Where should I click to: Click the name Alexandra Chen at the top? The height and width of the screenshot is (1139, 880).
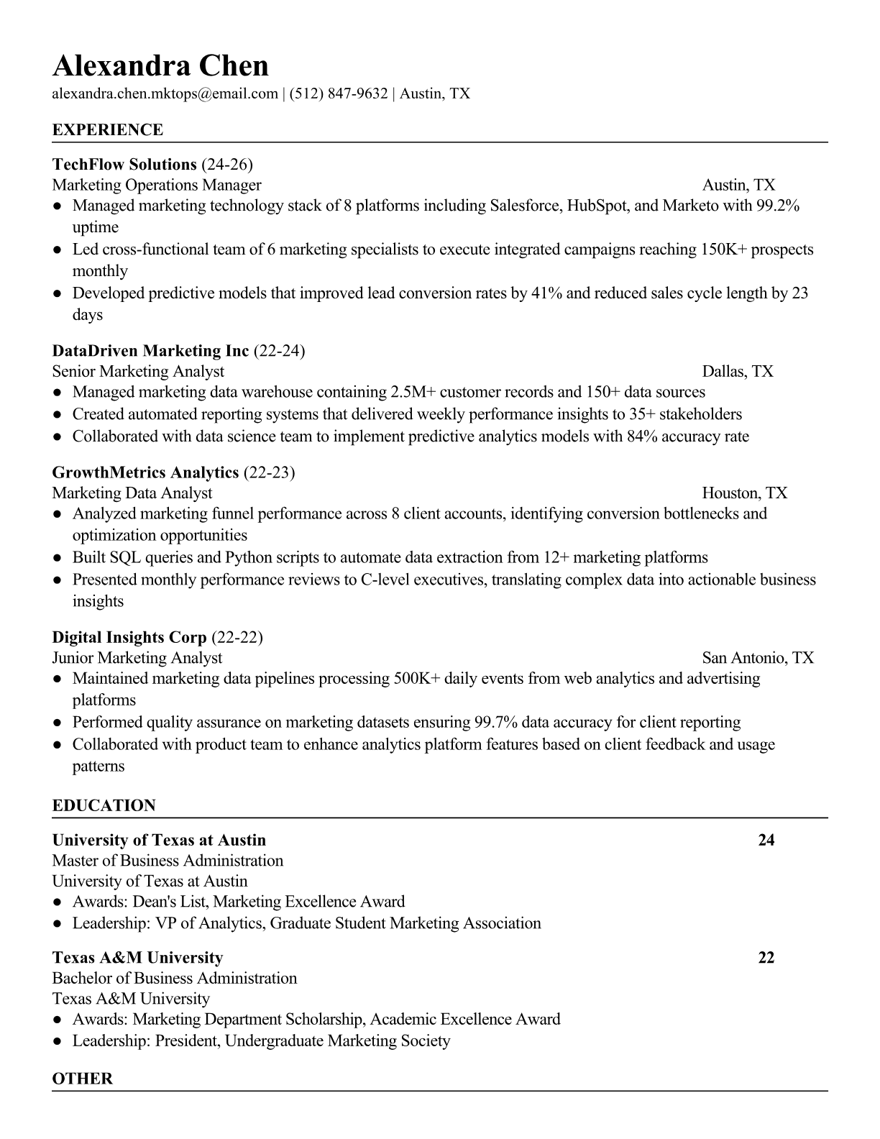click(x=160, y=66)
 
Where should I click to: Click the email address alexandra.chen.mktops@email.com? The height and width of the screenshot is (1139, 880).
click(x=165, y=93)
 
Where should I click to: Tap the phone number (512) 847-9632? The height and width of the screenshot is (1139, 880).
click(x=338, y=93)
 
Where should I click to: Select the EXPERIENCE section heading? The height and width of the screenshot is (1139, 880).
click(x=107, y=130)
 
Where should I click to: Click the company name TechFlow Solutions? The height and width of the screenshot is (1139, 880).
click(x=124, y=165)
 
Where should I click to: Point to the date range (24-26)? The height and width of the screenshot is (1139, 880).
click(x=227, y=165)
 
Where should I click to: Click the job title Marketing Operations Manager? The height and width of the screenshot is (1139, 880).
click(x=157, y=186)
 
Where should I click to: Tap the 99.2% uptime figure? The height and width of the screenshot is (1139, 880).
click(x=777, y=206)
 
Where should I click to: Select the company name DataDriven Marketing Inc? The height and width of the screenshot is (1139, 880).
click(x=150, y=351)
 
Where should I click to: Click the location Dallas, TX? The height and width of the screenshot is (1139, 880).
click(x=738, y=372)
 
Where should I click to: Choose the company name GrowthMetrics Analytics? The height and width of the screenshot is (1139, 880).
click(x=145, y=472)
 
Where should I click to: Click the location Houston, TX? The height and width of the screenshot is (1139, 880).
click(x=745, y=493)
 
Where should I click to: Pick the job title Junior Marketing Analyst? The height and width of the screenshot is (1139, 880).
click(x=137, y=658)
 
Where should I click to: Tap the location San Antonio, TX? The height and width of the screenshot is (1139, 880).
click(x=758, y=658)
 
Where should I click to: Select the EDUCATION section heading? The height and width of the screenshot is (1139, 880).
click(x=104, y=805)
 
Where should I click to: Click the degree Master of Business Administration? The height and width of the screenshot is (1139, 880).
click(x=168, y=861)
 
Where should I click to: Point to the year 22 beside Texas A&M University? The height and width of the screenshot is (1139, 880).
click(x=766, y=958)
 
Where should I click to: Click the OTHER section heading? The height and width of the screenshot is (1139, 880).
click(x=82, y=1079)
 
